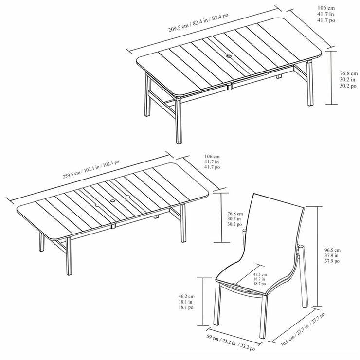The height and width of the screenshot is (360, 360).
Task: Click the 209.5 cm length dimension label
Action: [x=198, y=22]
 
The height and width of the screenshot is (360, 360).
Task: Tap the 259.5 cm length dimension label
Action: [x=91, y=169]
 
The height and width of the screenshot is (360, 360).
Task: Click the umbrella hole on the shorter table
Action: [x=229, y=56]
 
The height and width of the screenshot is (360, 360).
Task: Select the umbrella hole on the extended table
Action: [x=113, y=201]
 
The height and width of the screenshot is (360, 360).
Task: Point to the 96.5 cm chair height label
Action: [x=332, y=255]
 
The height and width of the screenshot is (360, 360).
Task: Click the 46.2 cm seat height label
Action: [x=186, y=302]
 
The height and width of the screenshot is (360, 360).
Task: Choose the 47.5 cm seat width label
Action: [x=260, y=279]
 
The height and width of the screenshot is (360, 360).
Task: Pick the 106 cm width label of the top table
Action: [x=326, y=14]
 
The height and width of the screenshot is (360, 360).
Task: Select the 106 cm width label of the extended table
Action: [x=212, y=162]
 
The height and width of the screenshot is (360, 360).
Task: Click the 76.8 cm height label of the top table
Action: [x=348, y=79]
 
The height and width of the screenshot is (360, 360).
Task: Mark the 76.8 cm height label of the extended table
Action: [x=235, y=219]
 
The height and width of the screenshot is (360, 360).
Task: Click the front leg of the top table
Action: [x=179, y=121]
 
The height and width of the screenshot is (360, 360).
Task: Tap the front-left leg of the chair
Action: [x=217, y=304]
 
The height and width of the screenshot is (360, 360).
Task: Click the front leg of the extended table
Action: [x=69, y=256]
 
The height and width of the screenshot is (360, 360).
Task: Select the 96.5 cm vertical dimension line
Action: [x=318, y=256]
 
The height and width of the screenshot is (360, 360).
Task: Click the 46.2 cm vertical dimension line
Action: [x=203, y=302]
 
